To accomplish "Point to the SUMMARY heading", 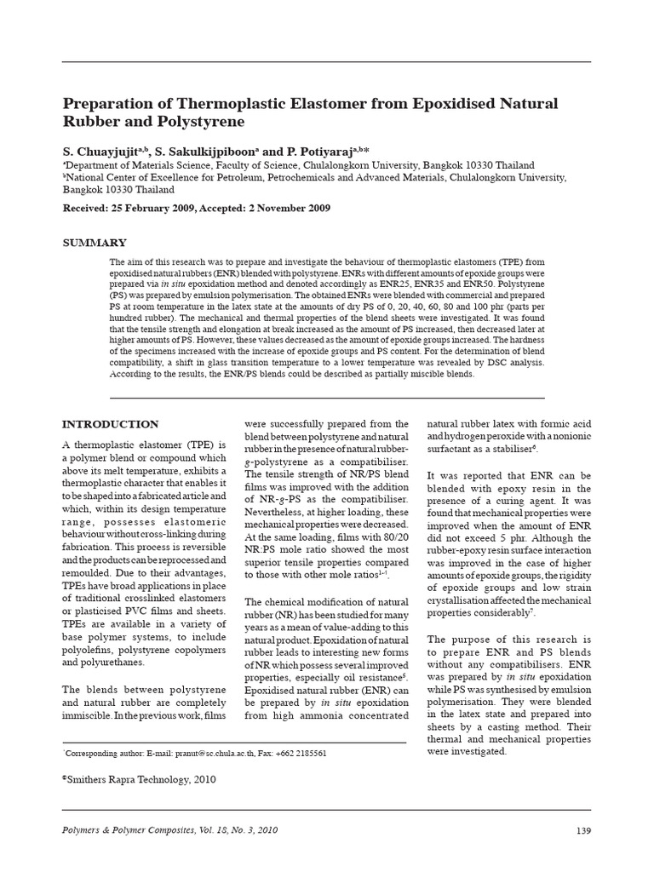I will point(95,243).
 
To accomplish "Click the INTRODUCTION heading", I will point(112,424).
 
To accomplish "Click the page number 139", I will point(582,830).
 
